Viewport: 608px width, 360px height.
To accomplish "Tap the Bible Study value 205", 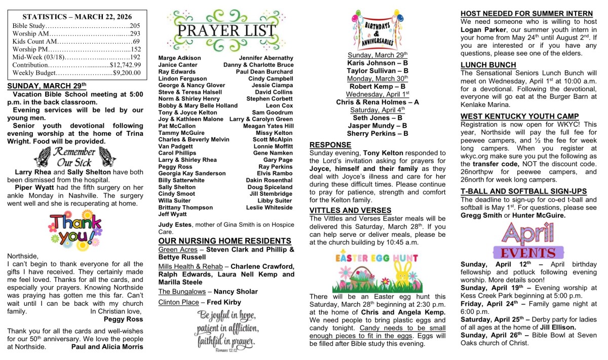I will tap(134, 25).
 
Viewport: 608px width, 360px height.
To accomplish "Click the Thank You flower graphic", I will tap(74, 229).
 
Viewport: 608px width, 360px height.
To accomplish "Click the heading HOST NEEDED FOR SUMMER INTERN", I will tap(526, 14).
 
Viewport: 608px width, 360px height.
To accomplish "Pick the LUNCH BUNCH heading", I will tap(488, 65).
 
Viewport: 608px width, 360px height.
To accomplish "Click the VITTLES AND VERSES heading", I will tap(350, 210).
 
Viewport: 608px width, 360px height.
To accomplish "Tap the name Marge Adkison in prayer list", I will tap(179, 58).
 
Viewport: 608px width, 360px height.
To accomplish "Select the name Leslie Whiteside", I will tap(269, 208).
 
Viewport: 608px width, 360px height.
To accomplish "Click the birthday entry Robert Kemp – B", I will tap(377, 87).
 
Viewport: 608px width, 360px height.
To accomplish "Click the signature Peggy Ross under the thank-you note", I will tap(123, 319).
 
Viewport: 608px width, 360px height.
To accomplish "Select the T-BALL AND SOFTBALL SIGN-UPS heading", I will tap(524, 191).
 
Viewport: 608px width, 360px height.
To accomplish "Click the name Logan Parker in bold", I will tap(482, 29).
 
